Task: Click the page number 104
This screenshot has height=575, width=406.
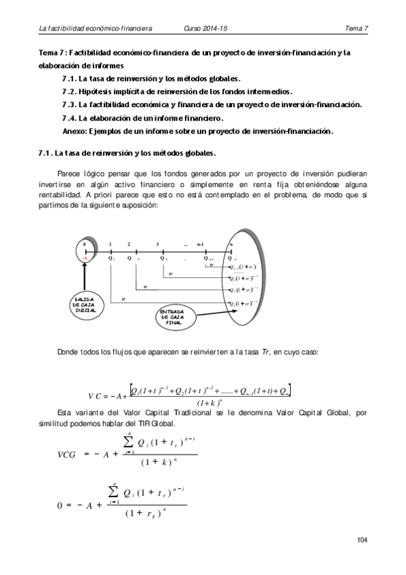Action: pos(361,540)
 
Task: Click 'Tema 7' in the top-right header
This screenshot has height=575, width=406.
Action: pos(356,28)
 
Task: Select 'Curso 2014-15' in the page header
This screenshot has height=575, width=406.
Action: pos(206,28)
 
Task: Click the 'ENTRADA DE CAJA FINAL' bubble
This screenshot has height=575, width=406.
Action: pos(174,317)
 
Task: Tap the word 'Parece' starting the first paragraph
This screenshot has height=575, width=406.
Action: pos(70,172)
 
